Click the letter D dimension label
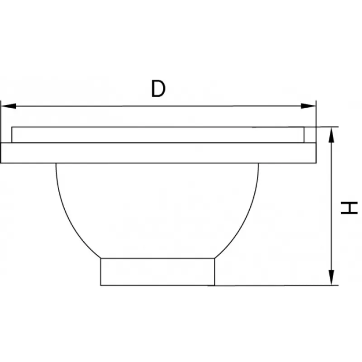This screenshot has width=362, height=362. click(158, 88)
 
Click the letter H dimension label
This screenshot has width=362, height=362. click(349, 208)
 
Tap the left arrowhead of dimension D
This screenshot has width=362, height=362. click(9, 106)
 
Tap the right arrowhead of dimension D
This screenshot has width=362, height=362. click(308, 106)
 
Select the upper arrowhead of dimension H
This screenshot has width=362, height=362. click(331, 135)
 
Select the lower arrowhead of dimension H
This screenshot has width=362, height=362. click(331, 277)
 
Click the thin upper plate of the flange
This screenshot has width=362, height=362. click(158, 135)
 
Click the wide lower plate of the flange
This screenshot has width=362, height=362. click(158, 153)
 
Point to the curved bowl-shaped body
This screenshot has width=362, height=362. click(157, 210)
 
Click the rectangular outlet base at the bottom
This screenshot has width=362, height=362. click(157, 272)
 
